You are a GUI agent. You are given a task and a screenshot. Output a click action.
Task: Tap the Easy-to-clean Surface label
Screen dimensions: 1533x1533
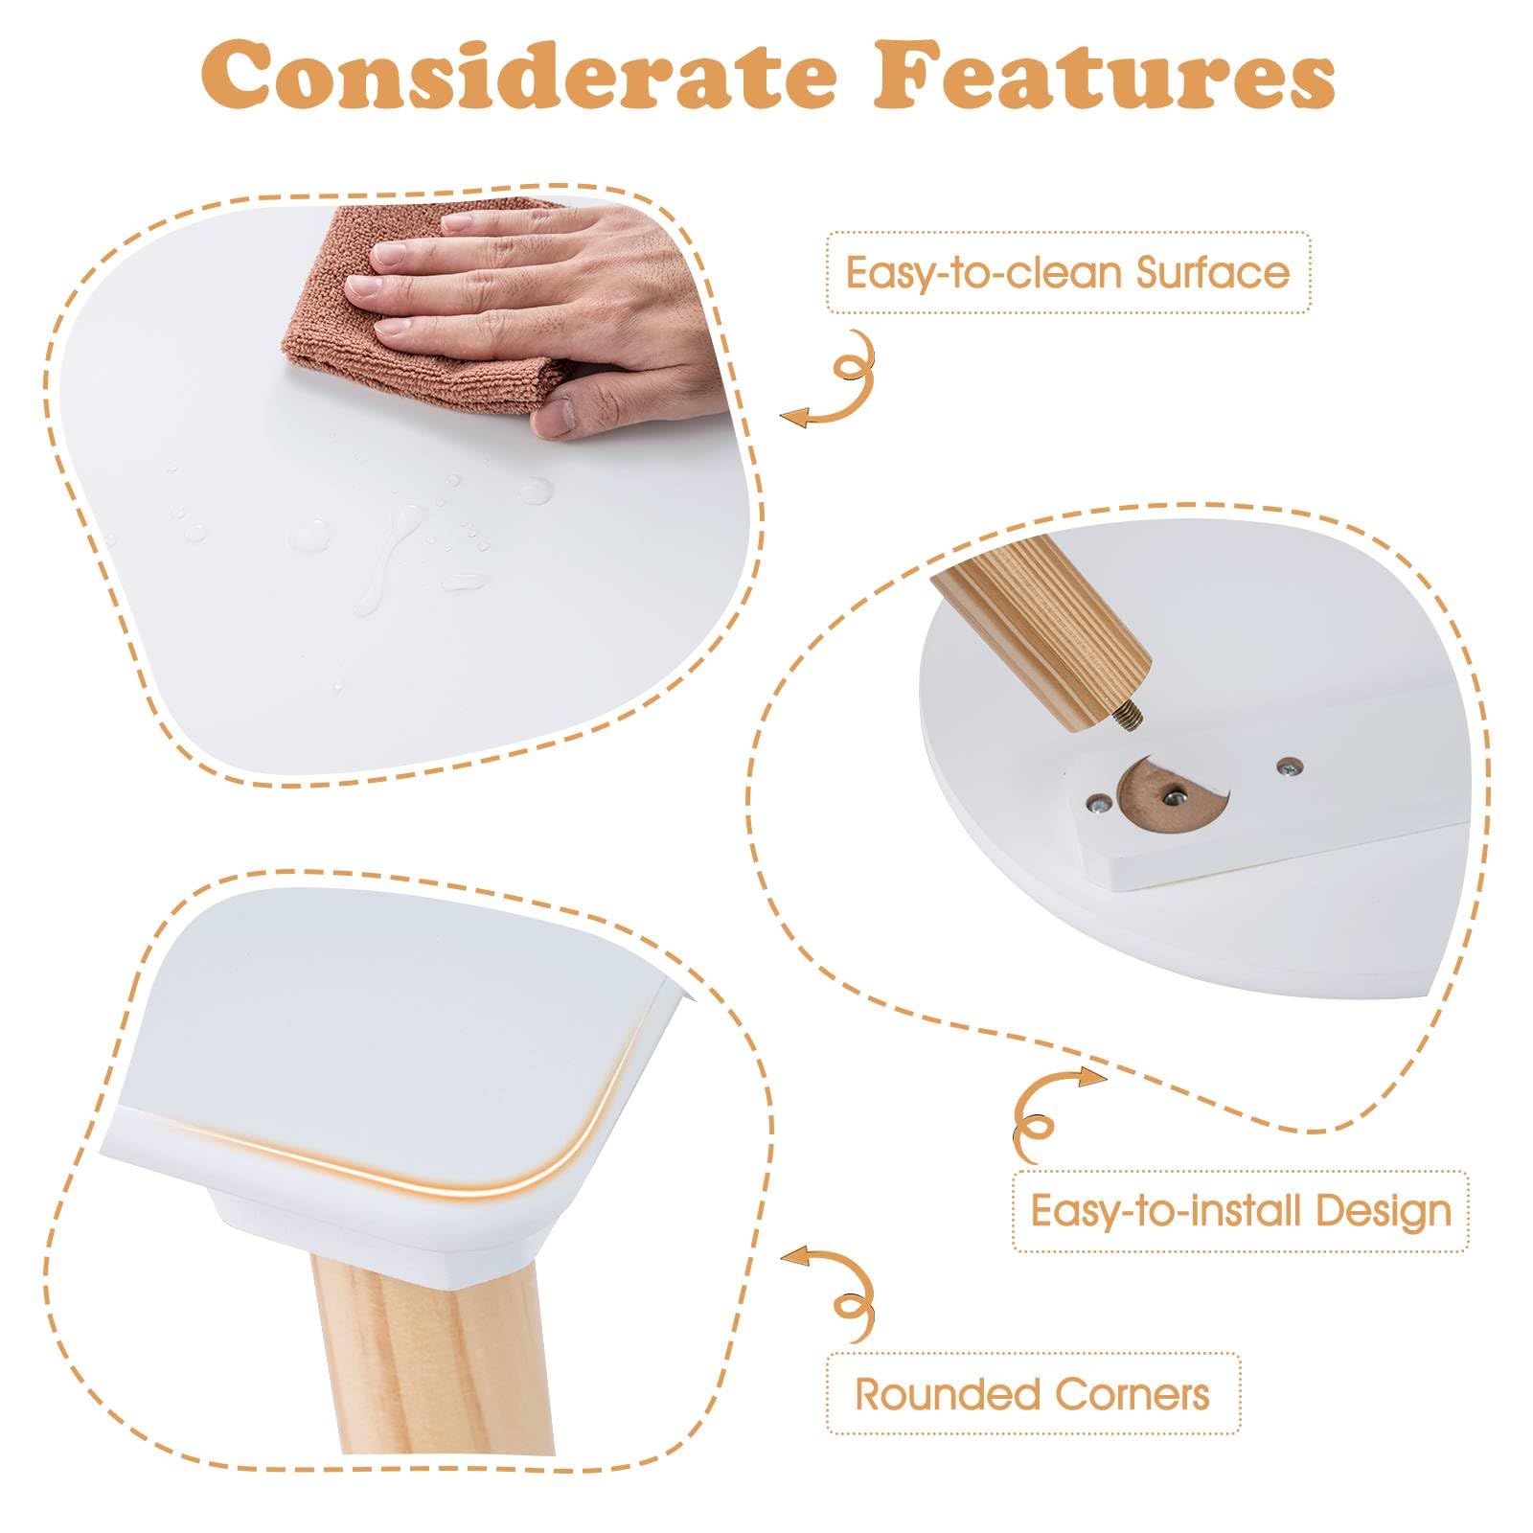1068,273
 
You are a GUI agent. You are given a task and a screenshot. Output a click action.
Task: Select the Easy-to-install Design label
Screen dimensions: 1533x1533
1241,1211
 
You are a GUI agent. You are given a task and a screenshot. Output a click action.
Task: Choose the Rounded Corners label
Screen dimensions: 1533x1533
1033,1394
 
